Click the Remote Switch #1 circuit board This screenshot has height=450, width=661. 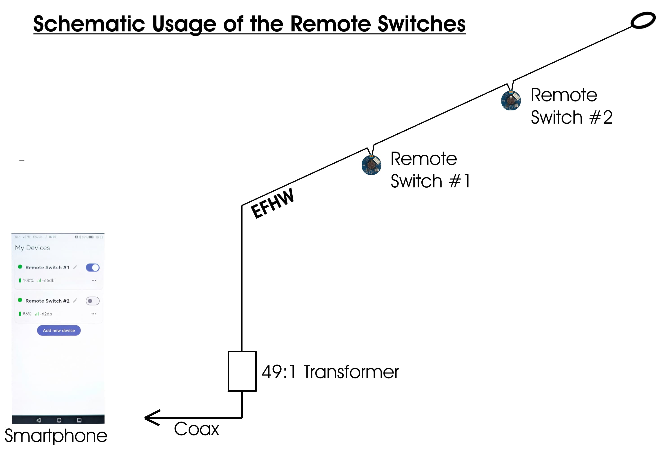(x=371, y=165)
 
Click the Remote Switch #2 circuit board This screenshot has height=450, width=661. (x=511, y=100)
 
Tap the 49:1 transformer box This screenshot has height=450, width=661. (x=242, y=371)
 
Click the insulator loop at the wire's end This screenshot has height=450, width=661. (x=643, y=20)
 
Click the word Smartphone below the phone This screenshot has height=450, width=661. (x=56, y=436)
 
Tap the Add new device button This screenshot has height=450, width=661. (x=59, y=330)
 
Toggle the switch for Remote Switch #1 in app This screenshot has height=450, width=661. (x=93, y=268)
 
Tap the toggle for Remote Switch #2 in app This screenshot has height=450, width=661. (x=93, y=301)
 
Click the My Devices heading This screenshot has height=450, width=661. (x=32, y=248)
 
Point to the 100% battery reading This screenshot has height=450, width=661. (x=28, y=280)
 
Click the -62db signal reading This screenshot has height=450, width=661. (x=45, y=314)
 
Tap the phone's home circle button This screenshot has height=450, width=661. (x=59, y=420)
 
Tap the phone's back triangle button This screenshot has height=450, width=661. (x=39, y=420)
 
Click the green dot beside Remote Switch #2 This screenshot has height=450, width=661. (x=20, y=300)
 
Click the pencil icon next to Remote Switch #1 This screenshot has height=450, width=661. (x=75, y=267)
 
